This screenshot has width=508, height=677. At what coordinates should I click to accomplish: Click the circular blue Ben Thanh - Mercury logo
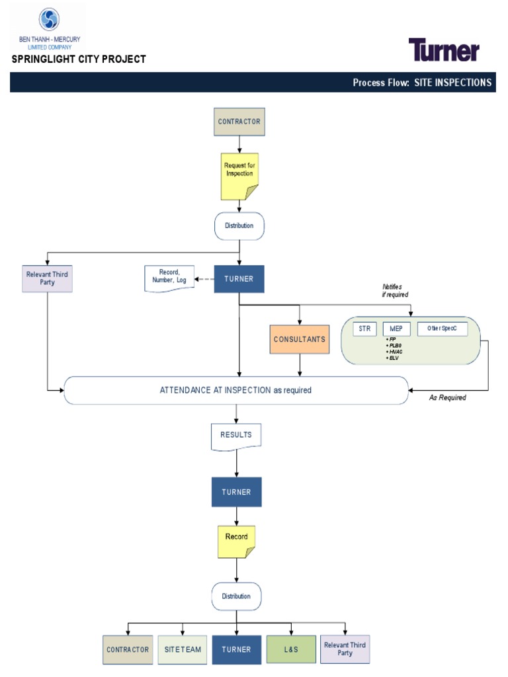pyautogui.click(x=49, y=19)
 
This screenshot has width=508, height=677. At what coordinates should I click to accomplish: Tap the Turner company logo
pyautogui.click(x=443, y=50)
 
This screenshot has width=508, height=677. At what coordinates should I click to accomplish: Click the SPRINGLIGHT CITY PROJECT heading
pyautogui.click(x=79, y=60)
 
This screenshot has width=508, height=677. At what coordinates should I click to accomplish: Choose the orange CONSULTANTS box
pyautogui.click(x=300, y=339)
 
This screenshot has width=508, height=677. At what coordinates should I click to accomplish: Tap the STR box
pyautogui.click(x=364, y=329)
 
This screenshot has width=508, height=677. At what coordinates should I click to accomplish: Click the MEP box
pyautogui.click(x=396, y=329)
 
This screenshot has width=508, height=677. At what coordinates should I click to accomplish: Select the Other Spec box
pyautogui.click(x=442, y=329)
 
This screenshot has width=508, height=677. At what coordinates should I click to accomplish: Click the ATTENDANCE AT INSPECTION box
pyautogui.click(x=235, y=390)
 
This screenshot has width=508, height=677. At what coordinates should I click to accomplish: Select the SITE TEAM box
pyautogui.click(x=183, y=649)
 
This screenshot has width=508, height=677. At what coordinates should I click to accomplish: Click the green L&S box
pyautogui.click(x=291, y=649)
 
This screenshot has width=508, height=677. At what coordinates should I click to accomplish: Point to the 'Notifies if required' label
pyautogui.click(x=392, y=290)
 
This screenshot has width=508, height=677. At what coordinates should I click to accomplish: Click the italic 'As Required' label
pyautogui.click(x=447, y=398)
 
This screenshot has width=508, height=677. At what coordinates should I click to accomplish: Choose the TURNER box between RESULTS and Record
pyautogui.click(x=236, y=492)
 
